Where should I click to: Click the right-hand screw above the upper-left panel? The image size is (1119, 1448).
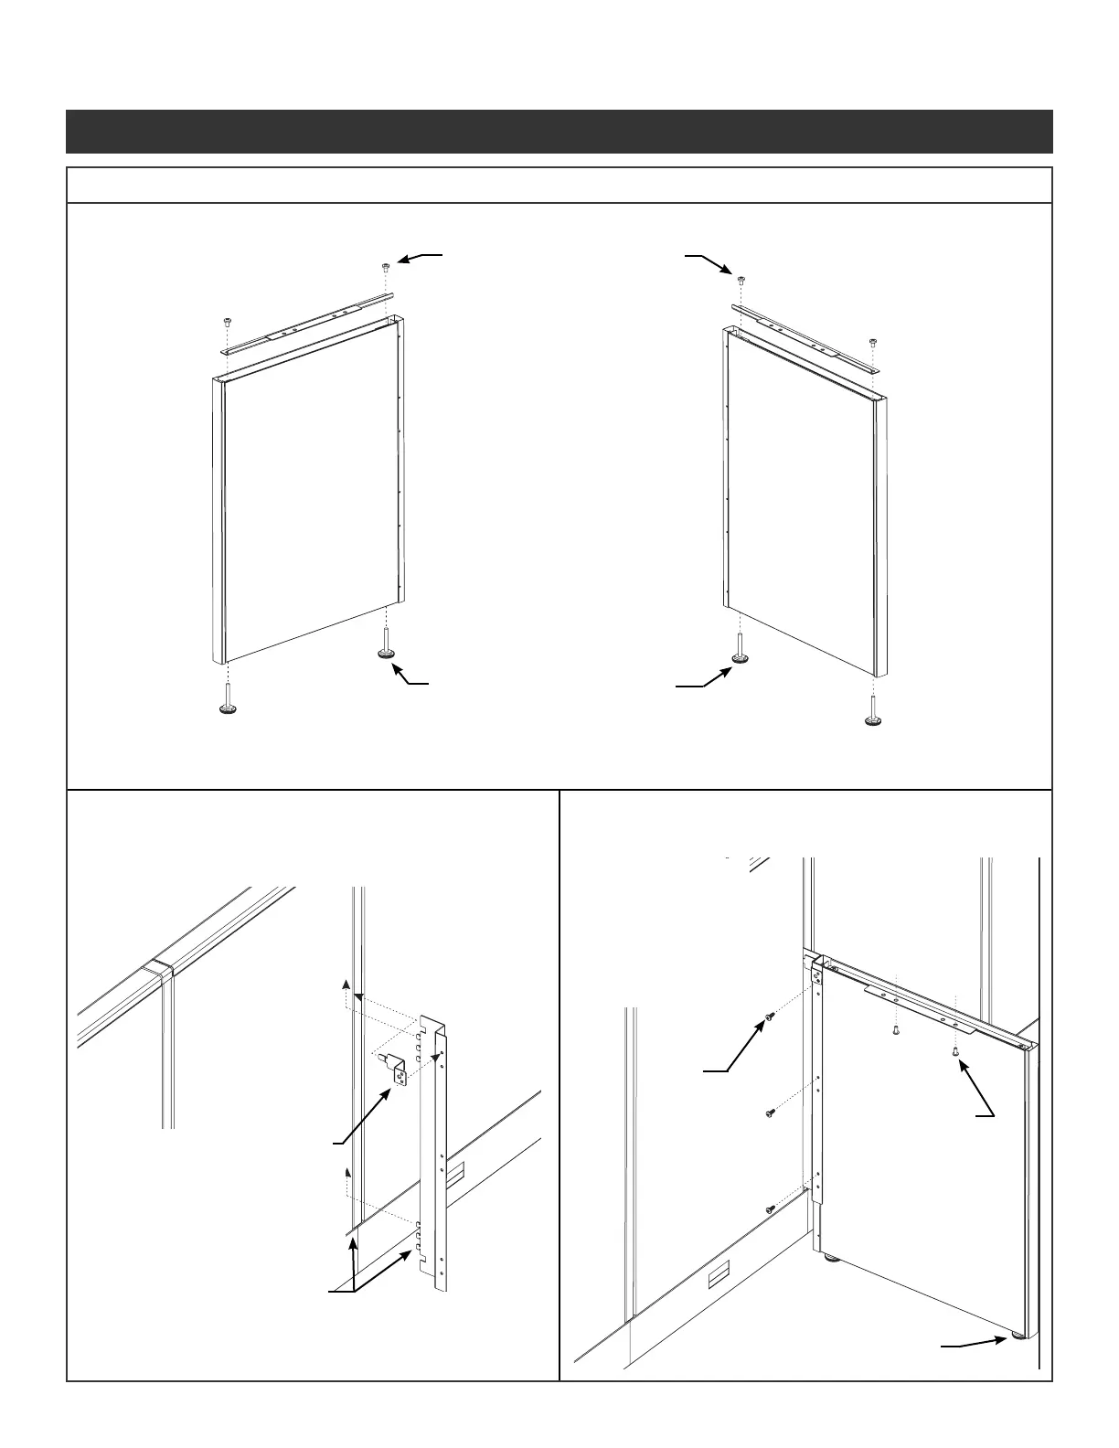pyautogui.click(x=386, y=267)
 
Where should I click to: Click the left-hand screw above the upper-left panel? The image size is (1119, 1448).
pyautogui.click(x=225, y=323)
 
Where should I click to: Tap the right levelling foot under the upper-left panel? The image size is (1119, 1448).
pyautogui.click(x=387, y=653)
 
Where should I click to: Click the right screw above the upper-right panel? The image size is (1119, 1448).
pyautogui.click(x=873, y=343)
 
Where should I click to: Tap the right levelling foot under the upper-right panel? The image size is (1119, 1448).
pyautogui.click(x=874, y=720)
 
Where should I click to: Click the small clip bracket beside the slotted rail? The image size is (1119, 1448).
pyautogui.click(x=400, y=1069)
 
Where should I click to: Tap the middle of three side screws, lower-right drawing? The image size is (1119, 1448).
pyautogui.click(x=770, y=1113)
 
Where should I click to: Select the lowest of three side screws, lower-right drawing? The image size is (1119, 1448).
pyautogui.click(x=770, y=1209)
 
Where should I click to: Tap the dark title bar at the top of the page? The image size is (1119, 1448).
pyautogui.click(x=559, y=132)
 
